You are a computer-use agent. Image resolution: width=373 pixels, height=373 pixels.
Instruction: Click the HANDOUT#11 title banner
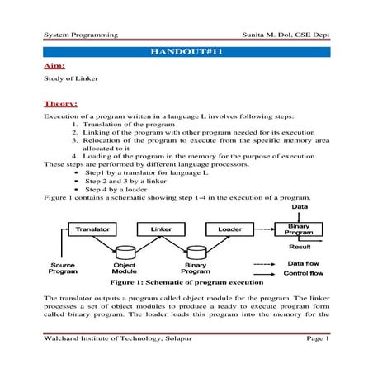(x=186, y=52)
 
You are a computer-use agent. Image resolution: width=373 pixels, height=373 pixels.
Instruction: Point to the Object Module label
(x=130, y=268)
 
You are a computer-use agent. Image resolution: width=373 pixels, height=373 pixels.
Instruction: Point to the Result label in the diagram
(x=299, y=246)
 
